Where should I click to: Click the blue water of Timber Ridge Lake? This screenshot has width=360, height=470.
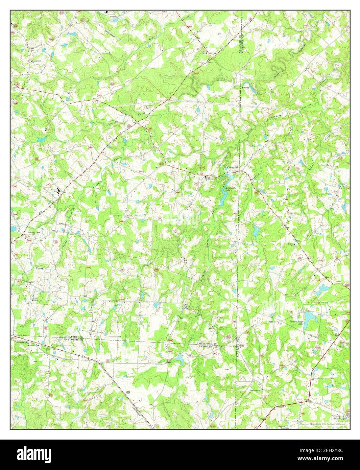coord(312,316)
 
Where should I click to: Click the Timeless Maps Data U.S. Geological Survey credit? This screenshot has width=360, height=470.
coord(322,423)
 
